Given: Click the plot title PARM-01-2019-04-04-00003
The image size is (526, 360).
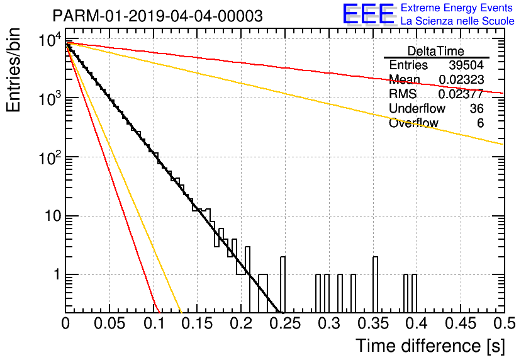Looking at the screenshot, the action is tap(158, 16).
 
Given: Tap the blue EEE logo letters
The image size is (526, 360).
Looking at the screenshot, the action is tap(368, 14).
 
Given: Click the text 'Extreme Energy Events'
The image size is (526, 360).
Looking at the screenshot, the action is tap(457, 8).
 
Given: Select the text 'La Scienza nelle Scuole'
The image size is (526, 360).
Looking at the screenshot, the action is tap(457, 21).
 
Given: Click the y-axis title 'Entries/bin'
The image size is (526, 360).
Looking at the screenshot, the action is tap(13, 70).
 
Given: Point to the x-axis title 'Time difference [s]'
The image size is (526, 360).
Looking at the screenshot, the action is tap(430, 346).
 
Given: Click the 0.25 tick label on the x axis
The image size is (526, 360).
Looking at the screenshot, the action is tap(284, 323).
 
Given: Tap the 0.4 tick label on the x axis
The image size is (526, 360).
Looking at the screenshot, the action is tap(417, 323).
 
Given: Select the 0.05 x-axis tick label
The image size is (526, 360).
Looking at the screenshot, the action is tap(109, 323).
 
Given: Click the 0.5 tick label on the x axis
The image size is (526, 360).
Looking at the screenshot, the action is tap(504, 323).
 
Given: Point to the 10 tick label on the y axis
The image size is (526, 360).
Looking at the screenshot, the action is tap(53, 216).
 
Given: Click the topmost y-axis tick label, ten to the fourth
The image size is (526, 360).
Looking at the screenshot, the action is tap(50, 41).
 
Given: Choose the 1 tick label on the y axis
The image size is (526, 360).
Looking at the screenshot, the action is tap(57, 274).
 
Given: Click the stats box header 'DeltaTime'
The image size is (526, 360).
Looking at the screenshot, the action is tap(436, 51).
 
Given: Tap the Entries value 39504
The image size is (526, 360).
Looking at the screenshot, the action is tap(466, 65).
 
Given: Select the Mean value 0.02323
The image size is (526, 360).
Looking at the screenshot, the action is tap(462, 79).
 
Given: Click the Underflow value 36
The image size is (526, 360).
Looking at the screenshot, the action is tap(476, 108).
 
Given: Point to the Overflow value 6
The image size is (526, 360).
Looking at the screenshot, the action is tap(480, 123).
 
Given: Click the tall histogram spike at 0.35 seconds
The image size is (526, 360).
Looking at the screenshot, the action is tap(375, 284).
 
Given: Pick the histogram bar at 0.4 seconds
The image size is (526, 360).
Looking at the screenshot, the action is tap(414, 293).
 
